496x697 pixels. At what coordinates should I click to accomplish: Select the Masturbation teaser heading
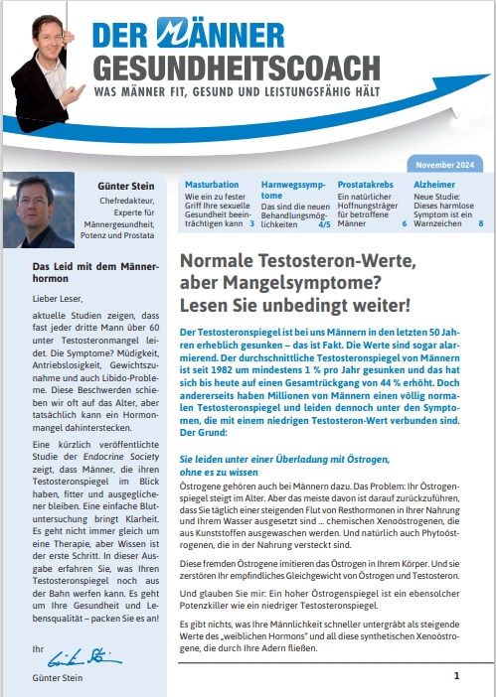(210, 185)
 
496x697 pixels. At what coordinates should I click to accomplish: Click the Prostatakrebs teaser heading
(367, 185)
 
